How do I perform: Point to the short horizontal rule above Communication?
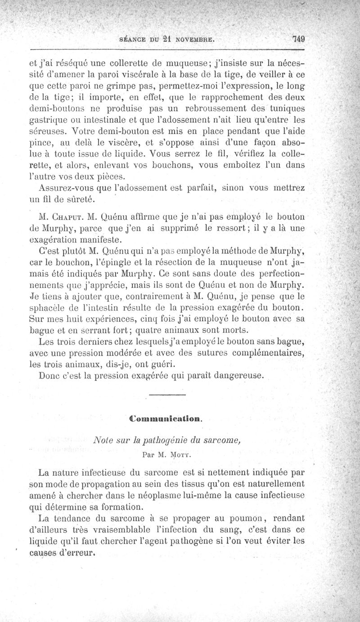click(166, 395)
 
